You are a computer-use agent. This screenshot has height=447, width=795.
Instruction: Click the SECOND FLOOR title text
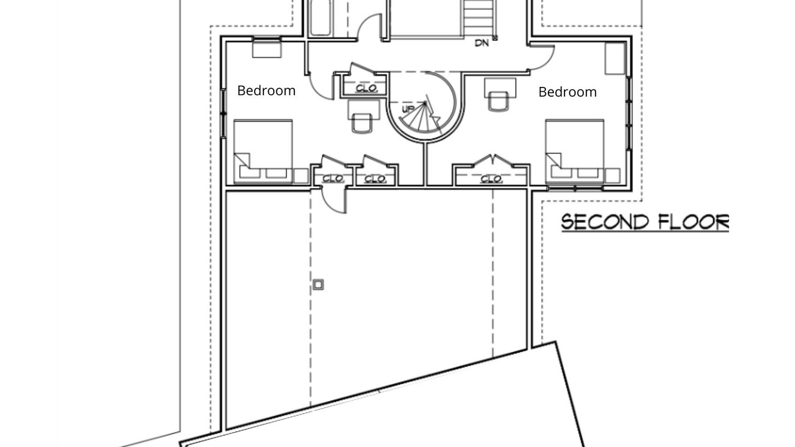pyautogui.click(x=645, y=222)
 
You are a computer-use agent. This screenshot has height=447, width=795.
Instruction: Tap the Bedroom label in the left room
pyautogui.click(x=266, y=91)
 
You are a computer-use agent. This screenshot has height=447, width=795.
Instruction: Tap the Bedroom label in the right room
pyautogui.click(x=568, y=93)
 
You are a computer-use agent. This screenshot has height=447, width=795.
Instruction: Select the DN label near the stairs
pyautogui.click(x=481, y=43)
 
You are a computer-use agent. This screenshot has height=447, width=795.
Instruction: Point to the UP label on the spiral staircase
pyautogui.click(x=408, y=109)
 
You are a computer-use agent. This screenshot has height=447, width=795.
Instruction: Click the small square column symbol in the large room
pyautogui.click(x=318, y=284)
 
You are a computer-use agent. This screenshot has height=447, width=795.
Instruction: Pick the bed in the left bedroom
pyautogui.click(x=263, y=152)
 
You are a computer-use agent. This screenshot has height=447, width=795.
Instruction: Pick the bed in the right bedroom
pyautogui.click(x=575, y=152)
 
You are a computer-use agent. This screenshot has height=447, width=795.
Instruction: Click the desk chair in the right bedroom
pyautogui.click(x=498, y=102)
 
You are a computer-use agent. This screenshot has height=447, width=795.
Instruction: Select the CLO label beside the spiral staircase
pyautogui.click(x=366, y=88)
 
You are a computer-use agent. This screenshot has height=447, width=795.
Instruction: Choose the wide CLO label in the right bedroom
pyautogui.click(x=491, y=179)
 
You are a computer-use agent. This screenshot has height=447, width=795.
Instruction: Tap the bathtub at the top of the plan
pyautogui.click(x=320, y=18)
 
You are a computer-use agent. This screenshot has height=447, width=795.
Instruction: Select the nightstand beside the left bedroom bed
pyautogui.click(x=301, y=176)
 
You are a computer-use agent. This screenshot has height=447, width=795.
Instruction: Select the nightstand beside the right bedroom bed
pyautogui.click(x=612, y=176)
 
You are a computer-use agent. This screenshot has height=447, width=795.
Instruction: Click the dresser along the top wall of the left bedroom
pyautogui.click(x=267, y=49)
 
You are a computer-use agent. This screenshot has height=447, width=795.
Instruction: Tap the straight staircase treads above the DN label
pyautogui.click(x=478, y=18)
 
